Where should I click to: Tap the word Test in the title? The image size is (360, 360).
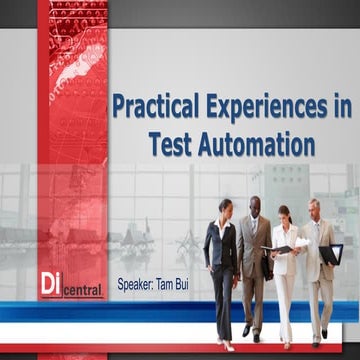click(x=171, y=144)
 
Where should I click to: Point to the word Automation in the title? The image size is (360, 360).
click(x=255, y=144)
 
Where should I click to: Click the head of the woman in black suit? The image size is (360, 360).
click(x=226, y=208)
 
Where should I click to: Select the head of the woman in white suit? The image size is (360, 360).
click(x=284, y=214)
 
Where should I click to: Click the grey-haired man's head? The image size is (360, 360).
click(x=315, y=206)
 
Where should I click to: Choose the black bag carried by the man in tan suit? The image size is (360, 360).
click(x=268, y=266)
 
